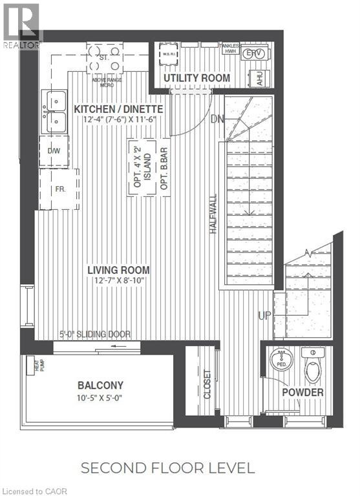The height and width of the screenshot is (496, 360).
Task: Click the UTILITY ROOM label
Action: pos(196,78)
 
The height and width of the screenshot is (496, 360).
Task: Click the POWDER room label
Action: pos(302,392)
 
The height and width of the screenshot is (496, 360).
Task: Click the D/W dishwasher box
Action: pos(54,150)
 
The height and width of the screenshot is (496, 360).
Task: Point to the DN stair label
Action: pos(218,119)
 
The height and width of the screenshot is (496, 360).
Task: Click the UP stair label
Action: pos(264,316)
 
